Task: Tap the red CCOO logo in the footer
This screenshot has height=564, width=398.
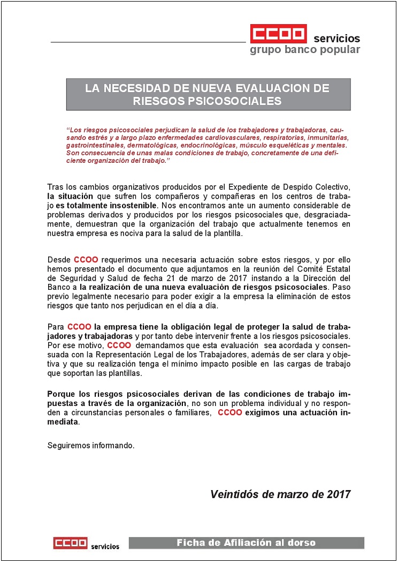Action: pos(70,543)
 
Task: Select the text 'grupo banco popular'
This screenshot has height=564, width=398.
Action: pos(305,50)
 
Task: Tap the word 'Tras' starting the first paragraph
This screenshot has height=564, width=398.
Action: pos(55,187)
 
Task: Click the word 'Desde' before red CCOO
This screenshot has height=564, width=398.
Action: pos(59,259)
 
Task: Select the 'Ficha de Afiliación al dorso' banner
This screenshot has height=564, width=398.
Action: pos(246,543)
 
